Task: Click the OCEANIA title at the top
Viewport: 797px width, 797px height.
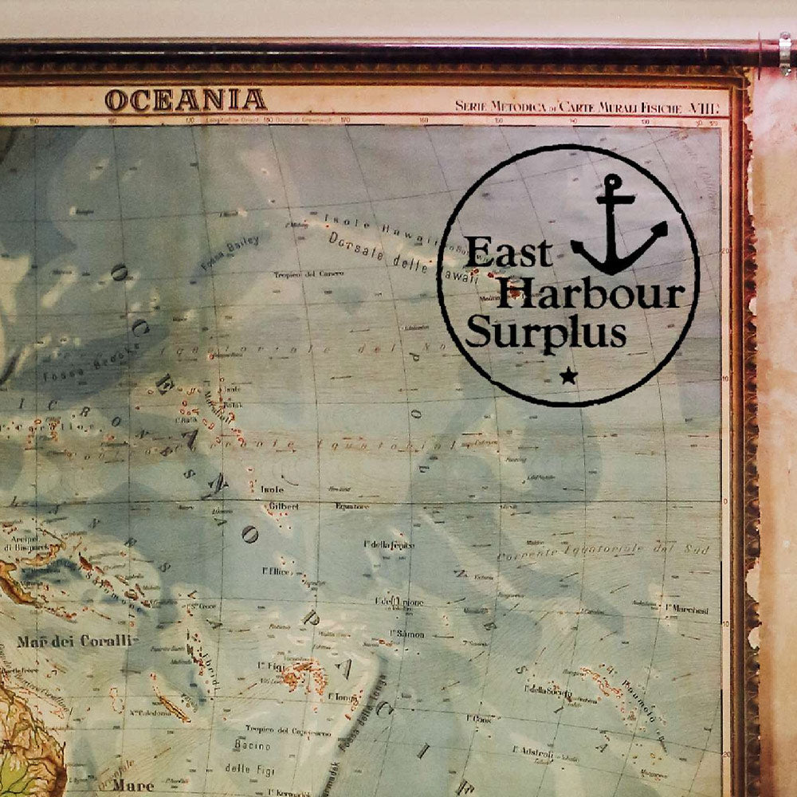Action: [185, 100]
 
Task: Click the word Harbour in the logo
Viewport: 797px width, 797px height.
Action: [595, 292]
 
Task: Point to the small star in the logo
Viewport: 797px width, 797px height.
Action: [567, 375]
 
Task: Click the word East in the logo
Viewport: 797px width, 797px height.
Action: [508, 253]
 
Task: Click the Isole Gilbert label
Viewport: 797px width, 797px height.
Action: [278, 497]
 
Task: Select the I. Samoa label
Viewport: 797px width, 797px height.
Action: [407, 634]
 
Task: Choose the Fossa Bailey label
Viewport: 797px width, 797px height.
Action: [230, 253]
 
